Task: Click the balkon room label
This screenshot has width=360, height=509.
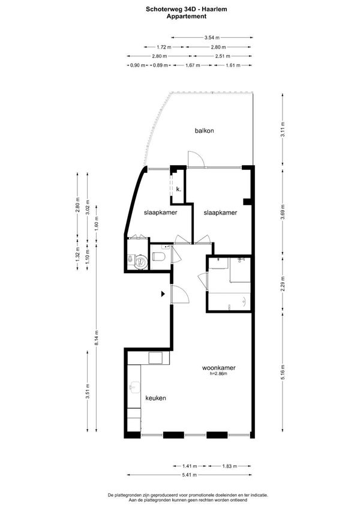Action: [x=204, y=131]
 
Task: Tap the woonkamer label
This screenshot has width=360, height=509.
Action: [x=218, y=368]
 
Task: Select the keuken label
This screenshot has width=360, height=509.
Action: [x=155, y=398]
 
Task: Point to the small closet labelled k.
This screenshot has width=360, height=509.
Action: [x=178, y=189]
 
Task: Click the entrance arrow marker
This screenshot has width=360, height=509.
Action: [x=163, y=294]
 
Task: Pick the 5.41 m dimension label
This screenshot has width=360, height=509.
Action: [x=190, y=475]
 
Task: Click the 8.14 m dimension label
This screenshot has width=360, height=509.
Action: [x=97, y=338]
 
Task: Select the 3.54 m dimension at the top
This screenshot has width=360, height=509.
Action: [x=212, y=38]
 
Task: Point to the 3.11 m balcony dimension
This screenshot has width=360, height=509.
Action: [x=283, y=129]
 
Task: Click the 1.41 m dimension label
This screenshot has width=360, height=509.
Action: [x=190, y=466]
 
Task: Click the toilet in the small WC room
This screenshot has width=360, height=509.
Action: [x=159, y=257]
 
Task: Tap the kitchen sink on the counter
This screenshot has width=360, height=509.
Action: [x=134, y=387]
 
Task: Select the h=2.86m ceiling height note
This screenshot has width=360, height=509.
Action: [x=218, y=373]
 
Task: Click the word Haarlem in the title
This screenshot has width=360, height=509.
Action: [x=216, y=10]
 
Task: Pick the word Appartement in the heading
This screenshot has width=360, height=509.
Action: [x=187, y=16]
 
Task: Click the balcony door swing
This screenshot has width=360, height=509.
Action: [x=196, y=160]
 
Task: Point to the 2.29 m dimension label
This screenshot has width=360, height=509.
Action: [x=283, y=283]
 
